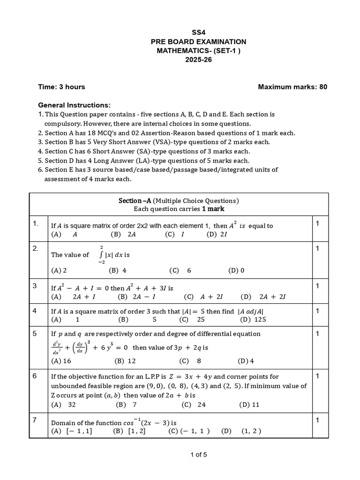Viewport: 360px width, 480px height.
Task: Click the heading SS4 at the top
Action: (x=198, y=32)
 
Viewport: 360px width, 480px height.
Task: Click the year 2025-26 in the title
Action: (x=198, y=60)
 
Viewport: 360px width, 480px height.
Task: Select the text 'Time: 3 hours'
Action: (x=61, y=87)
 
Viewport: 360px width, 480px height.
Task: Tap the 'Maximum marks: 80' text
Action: (x=292, y=87)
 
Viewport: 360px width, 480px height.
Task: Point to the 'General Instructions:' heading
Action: (x=75, y=105)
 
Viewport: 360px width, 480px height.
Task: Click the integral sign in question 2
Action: (x=101, y=255)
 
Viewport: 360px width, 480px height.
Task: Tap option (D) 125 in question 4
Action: (x=253, y=320)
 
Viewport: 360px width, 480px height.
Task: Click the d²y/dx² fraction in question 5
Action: (x=57, y=348)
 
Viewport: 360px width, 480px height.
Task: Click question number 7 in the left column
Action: (x=35, y=420)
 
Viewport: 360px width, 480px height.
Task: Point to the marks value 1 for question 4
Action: (x=317, y=311)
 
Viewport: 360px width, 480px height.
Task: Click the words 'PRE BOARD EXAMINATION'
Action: (x=198, y=41)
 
